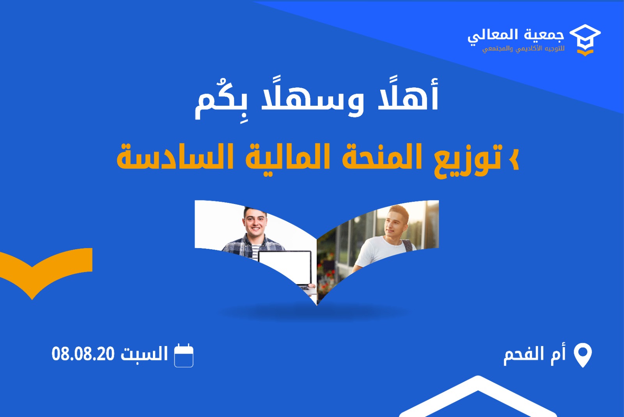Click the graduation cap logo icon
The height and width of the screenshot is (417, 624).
point(585,40)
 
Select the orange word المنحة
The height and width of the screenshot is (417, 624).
point(382,156)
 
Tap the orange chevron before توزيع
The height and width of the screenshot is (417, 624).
point(514,159)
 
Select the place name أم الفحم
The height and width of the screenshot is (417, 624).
point(535,354)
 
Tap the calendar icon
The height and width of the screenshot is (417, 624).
point(184,355)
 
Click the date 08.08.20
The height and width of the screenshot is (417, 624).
point(83,354)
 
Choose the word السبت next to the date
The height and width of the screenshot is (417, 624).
point(144,353)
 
